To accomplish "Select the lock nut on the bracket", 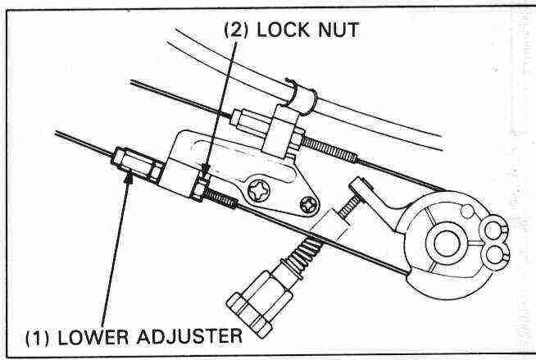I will coord(199,189).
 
